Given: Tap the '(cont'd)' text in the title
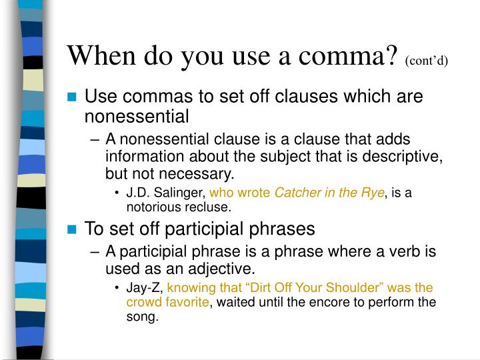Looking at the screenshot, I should pos(427,61).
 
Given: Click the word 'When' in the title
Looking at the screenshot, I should pos(101,55).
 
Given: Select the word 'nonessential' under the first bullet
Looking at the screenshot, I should pos(137,117).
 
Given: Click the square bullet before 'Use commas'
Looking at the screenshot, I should pos(73,97).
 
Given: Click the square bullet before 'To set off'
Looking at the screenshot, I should pos(73,229).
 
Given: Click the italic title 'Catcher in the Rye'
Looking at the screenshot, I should pos(330,193).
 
